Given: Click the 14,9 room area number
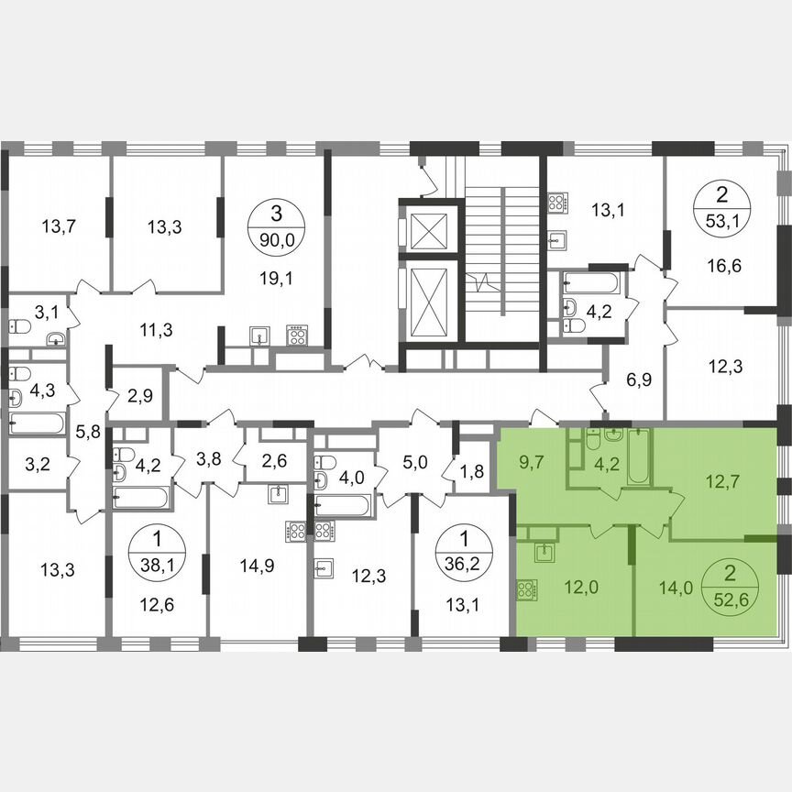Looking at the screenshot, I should click(257, 566).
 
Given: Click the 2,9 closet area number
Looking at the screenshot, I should click(139, 397).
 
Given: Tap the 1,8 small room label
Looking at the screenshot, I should click(472, 473).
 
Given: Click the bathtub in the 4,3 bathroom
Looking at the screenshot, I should click(37, 423).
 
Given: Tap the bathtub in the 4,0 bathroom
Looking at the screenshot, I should click(343, 504).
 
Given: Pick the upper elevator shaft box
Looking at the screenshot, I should click(428, 229).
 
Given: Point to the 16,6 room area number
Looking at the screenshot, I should click(724, 267).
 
